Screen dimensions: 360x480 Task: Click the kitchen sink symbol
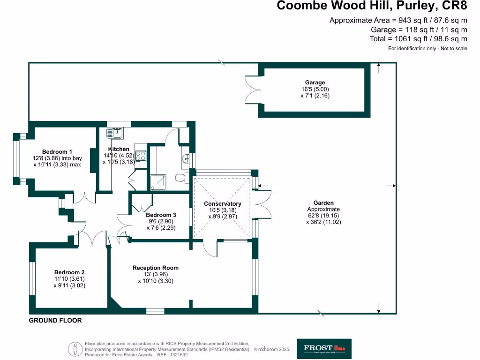(x=114, y=134)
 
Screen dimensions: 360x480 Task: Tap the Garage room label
(x=313, y=82)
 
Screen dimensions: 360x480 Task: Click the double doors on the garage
(x=252, y=89)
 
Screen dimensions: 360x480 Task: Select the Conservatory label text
(x=223, y=203)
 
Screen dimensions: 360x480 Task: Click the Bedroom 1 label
(x=57, y=151)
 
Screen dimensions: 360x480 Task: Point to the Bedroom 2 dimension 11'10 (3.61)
(x=69, y=279)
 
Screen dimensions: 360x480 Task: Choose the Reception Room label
(x=156, y=268)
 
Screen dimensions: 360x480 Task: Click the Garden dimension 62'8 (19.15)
(x=323, y=216)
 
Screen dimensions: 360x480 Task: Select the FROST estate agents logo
(x=324, y=348)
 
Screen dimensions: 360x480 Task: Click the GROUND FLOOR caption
(x=55, y=321)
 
